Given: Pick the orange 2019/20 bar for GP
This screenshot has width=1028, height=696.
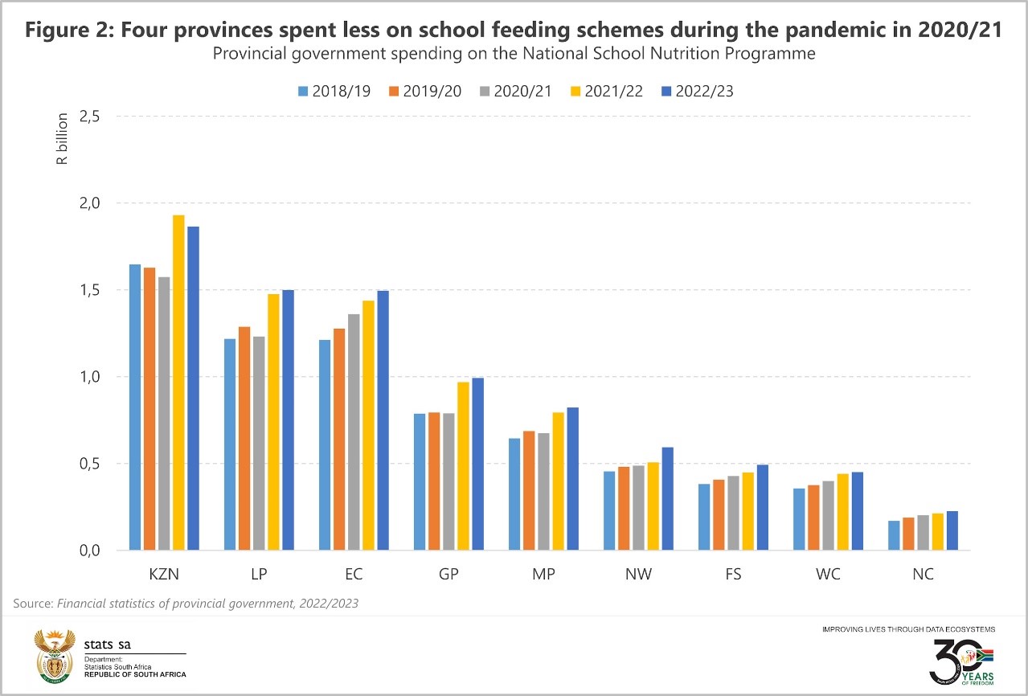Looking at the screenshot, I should coord(434,481).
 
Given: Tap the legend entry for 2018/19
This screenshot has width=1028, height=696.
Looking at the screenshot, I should coord(334,91).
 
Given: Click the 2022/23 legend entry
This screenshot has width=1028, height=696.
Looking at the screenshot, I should coord(696,91).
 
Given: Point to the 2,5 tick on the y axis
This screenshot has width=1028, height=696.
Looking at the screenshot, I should coord(88,117).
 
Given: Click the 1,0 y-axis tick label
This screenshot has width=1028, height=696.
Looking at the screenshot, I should coord(88,377).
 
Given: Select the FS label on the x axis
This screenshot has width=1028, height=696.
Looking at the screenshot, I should coord(734,575).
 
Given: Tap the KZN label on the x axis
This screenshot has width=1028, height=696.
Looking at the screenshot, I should coord(164,575).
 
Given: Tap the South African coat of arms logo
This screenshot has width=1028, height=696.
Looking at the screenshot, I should coord(54,653).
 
